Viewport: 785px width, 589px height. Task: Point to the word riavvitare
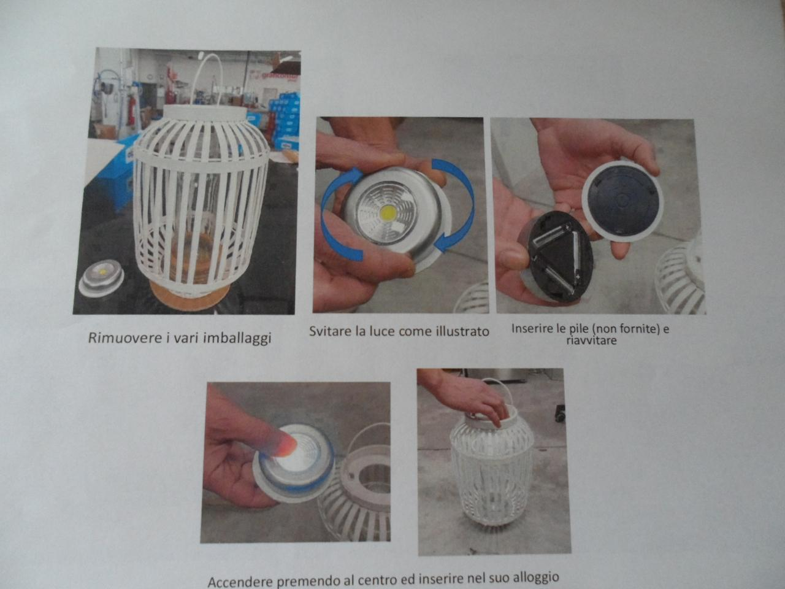(x=592, y=340)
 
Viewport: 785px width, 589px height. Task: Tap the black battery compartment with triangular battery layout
(x=557, y=256)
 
